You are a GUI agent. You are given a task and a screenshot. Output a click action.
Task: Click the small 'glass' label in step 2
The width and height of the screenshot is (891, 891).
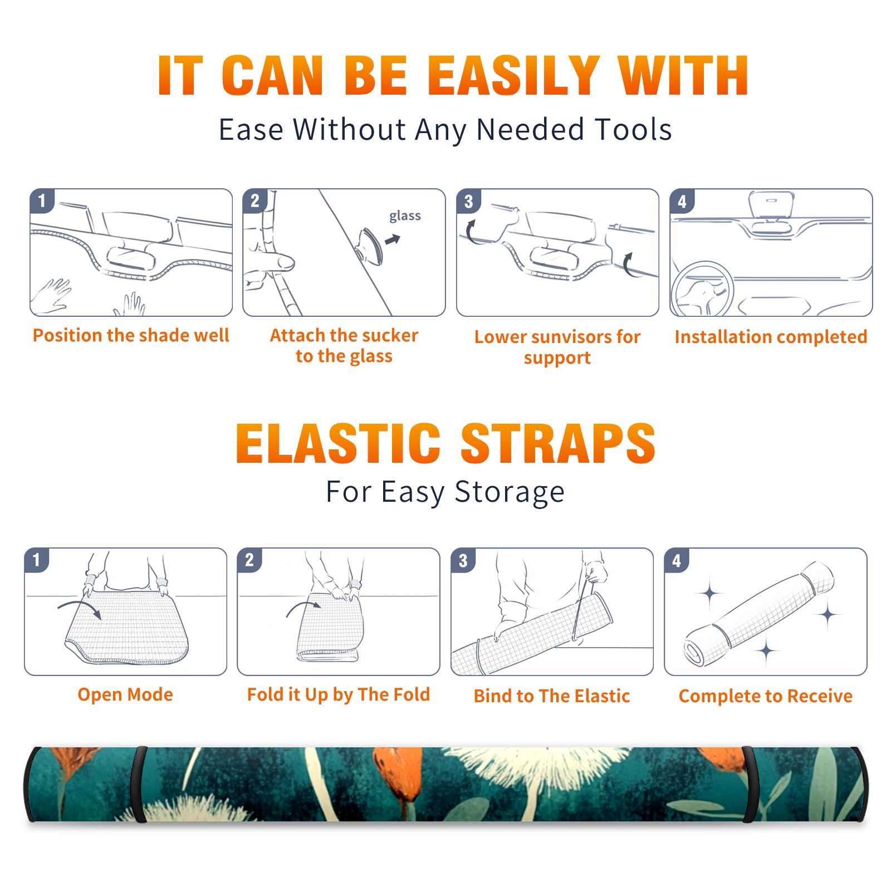point(405,216)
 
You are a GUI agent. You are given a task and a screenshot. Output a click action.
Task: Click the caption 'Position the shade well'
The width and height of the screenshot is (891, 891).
point(131,335)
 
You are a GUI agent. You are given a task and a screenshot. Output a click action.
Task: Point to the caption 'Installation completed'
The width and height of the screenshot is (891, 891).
point(771,336)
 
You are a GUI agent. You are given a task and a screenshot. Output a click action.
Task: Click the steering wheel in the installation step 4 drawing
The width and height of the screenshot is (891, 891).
point(702,289)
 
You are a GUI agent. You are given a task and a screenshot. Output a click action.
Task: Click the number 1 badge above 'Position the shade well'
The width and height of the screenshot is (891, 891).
point(42,200)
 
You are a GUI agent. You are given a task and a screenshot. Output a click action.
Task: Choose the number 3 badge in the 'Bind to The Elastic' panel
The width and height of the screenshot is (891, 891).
point(463,560)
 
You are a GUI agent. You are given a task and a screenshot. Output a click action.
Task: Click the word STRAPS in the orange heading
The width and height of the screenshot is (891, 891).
point(558,443)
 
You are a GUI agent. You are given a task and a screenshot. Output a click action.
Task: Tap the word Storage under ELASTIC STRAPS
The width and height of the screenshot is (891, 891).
point(510,492)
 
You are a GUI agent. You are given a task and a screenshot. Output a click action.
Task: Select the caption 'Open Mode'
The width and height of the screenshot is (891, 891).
point(125,694)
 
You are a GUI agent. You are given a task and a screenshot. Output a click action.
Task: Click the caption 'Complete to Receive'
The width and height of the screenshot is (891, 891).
point(765,696)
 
